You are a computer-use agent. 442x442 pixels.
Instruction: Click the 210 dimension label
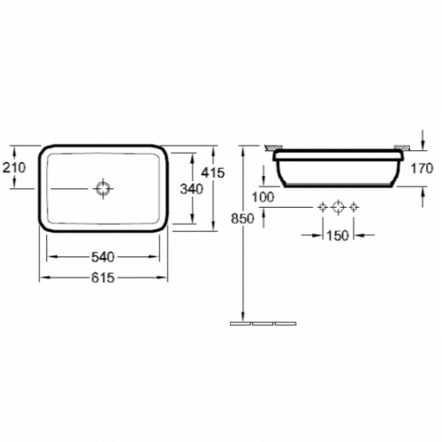pyautogui.click(x=14, y=168)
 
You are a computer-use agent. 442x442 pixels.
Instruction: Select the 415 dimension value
pyautogui.click(x=213, y=172)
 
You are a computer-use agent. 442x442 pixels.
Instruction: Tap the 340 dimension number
pyautogui.click(x=192, y=189)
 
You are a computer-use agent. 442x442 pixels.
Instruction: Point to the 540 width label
pyautogui.click(x=103, y=257)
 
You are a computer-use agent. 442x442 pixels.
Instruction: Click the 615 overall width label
pyautogui.click(x=103, y=278)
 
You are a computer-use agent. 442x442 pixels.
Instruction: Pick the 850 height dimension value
pyautogui.click(x=242, y=219)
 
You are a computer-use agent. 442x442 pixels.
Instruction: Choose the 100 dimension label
pyautogui.click(x=263, y=197)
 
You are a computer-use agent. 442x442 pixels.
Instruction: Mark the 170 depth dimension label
pyautogui.click(x=422, y=169)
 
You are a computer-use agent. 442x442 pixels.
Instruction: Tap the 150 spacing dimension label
pyautogui.click(x=338, y=235)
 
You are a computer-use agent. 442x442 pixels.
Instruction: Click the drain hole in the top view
pyautogui.click(x=103, y=188)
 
